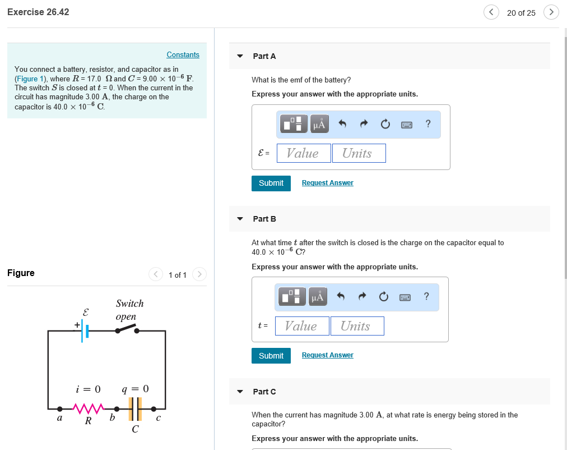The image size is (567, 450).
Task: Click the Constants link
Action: click(x=183, y=54)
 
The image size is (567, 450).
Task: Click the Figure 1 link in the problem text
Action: click(x=31, y=79)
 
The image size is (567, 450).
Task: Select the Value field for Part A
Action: click(x=303, y=153)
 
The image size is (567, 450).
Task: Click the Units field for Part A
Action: click(x=359, y=153)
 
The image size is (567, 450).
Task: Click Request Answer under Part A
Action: click(x=327, y=183)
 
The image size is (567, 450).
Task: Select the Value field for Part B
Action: click(x=301, y=326)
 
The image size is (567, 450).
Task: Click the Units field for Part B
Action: click(x=356, y=326)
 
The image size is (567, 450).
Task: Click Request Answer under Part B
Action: click(x=327, y=355)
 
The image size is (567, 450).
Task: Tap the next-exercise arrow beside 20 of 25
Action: click(x=551, y=12)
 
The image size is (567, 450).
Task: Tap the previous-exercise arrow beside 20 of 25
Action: click(x=491, y=12)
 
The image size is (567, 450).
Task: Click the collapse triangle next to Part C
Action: click(x=240, y=392)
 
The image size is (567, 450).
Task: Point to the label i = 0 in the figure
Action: click(x=88, y=389)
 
